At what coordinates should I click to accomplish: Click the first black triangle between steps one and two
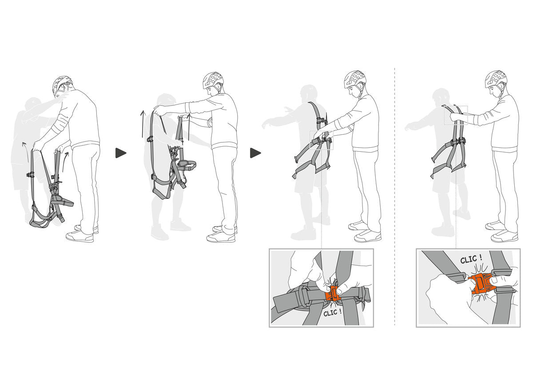point(120,153)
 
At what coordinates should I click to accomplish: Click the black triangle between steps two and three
point(255,153)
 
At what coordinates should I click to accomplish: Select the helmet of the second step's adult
point(213,80)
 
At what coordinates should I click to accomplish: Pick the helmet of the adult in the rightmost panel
point(496,78)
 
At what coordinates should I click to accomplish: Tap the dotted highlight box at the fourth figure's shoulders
point(456,115)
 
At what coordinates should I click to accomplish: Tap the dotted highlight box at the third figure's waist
point(321,140)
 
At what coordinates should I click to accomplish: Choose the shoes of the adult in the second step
point(222,234)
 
